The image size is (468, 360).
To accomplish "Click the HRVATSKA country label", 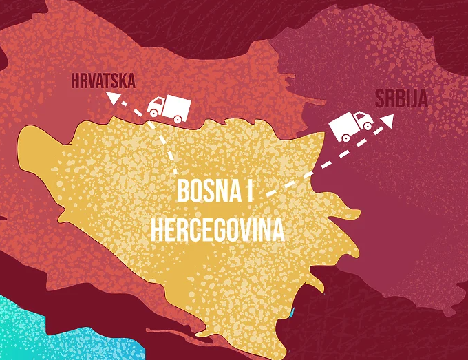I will pyautogui.click(x=103, y=81).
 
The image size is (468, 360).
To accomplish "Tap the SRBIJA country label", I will pyautogui.click(x=401, y=98).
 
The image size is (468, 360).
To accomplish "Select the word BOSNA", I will pyautogui.click(x=205, y=191).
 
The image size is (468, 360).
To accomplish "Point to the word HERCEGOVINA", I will pyautogui.click(x=217, y=230).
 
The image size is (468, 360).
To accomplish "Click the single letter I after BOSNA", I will pyautogui.click(x=248, y=191).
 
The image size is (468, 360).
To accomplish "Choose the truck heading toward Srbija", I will pyautogui.click(x=350, y=125).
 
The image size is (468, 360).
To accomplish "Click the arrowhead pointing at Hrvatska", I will pyautogui.click(x=110, y=100).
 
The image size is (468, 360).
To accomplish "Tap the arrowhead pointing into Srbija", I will pyautogui.click(x=388, y=120).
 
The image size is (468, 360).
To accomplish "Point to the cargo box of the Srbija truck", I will pyautogui.click(x=342, y=123).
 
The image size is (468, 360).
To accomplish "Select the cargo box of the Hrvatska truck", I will pyautogui.click(x=177, y=105).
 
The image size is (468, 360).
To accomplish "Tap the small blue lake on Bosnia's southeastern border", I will pyautogui.click(x=292, y=313).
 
